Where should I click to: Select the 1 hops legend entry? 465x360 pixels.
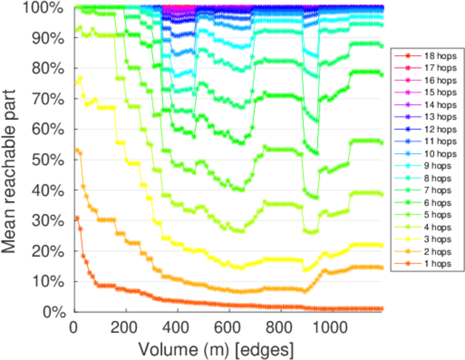(436, 263)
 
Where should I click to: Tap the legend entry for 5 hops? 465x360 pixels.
(436, 214)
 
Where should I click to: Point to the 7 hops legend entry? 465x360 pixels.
(436, 190)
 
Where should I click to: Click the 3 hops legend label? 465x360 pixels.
(436, 239)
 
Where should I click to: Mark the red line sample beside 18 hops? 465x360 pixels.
(406, 55)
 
